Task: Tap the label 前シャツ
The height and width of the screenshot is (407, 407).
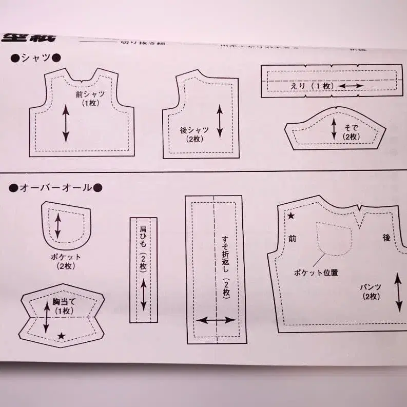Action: pos(90,94)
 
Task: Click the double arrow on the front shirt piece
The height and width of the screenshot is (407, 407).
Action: pos(66,123)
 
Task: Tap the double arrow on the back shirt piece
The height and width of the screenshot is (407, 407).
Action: pos(220,121)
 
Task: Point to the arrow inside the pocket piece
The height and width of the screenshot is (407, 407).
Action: pos(58,225)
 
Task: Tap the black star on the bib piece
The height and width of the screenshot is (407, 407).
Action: pos(62,336)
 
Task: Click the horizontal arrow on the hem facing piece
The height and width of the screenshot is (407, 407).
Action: pos(216,320)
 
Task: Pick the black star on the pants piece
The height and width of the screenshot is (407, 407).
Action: pos(291,216)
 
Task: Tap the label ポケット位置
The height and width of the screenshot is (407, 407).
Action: pos(316,273)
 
